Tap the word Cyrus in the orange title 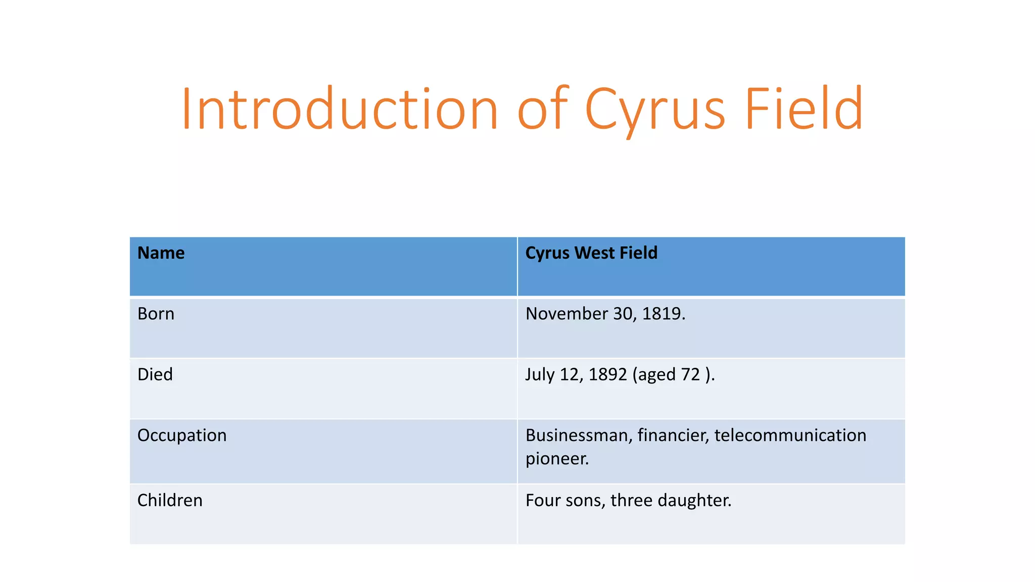(655, 109)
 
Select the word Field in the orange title (804, 109)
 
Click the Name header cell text (161, 253)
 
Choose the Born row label (156, 314)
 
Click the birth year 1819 (663, 314)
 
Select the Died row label (155, 374)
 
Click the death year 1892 (607, 374)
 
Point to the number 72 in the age (690, 374)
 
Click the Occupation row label (182, 435)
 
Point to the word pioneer (557, 459)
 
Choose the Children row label (170, 500)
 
